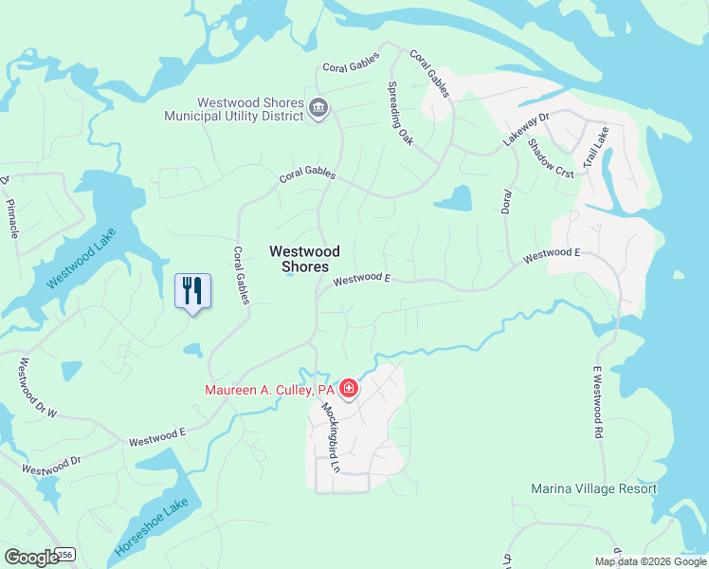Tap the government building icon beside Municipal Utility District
click(x=318, y=111)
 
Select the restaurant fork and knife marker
click(x=192, y=290)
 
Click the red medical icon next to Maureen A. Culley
click(x=348, y=389)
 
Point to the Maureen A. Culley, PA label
click(x=270, y=390)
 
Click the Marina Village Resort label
click(x=593, y=488)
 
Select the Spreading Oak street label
click(x=401, y=113)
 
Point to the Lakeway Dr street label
click(x=526, y=129)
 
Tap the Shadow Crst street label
click(x=551, y=156)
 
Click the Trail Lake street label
click(x=594, y=149)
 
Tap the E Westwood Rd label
click(x=598, y=396)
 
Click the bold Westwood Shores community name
click(x=304, y=259)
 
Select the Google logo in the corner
click(x=32, y=558)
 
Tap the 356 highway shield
click(x=65, y=553)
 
